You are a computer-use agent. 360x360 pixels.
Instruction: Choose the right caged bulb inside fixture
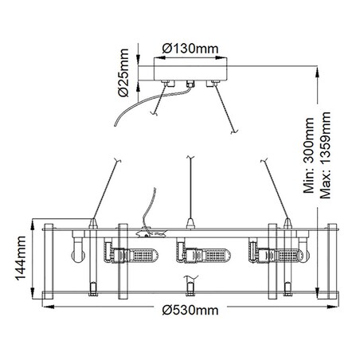(x=284, y=255)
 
